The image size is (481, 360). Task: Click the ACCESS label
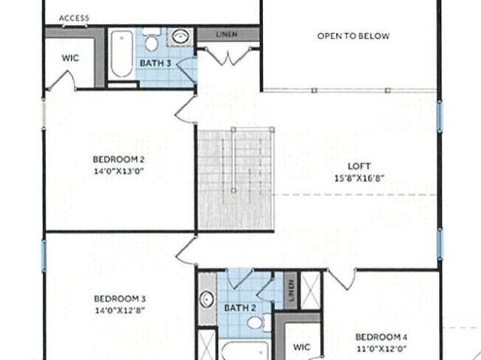click(x=74, y=18)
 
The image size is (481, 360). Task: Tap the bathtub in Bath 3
click(x=122, y=53)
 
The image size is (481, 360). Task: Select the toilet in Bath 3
click(x=151, y=39)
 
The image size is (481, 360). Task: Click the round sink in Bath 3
click(x=180, y=37)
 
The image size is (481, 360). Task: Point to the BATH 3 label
click(x=156, y=63)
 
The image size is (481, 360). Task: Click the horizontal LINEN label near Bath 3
click(x=227, y=35)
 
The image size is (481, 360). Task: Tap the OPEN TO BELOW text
click(x=353, y=36)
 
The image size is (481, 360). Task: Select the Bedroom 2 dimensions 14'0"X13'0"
click(x=119, y=171)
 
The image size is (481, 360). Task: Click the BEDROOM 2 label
click(x=119, y=159)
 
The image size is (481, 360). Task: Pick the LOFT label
click(x=359, y=166)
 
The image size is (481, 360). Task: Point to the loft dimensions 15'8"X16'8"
click(x=359, y=178)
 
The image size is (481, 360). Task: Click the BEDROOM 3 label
click(x=119, y=298)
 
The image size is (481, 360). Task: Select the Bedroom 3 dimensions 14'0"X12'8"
click(x=119, y=310)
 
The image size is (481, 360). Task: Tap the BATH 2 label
click(x=240, y=307)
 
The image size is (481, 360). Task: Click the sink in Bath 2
click(x=207, y=299)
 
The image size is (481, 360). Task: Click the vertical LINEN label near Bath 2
click(x=291, y=290)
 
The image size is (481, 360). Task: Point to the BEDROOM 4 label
click(x=381, y=337)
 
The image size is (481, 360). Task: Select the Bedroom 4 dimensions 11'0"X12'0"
click(x=382, y=349)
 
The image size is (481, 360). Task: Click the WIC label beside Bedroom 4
click(x=301, y=347)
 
